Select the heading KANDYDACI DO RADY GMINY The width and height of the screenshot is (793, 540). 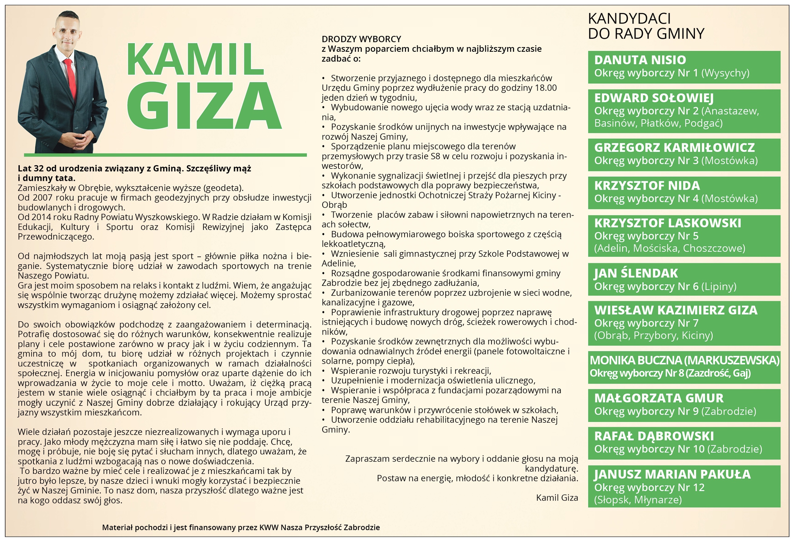(x=646, y=26)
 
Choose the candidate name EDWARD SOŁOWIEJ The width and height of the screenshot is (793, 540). (x=654, y=98)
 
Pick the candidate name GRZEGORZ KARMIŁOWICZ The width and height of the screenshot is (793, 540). (x=674, y=148)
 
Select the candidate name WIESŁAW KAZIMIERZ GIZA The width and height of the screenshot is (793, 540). (x=676, y=310)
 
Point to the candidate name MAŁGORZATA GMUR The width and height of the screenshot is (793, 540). (x=658, y=398)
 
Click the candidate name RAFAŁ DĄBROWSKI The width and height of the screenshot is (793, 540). (x=654, y=436)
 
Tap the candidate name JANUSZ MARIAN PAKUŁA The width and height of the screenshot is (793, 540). (x=672, y=474)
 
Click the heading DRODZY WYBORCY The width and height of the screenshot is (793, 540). (x=361, y=39)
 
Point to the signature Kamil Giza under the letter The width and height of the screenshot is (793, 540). (x=557, y=498)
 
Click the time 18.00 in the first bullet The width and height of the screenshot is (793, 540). (x=546, y=88)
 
